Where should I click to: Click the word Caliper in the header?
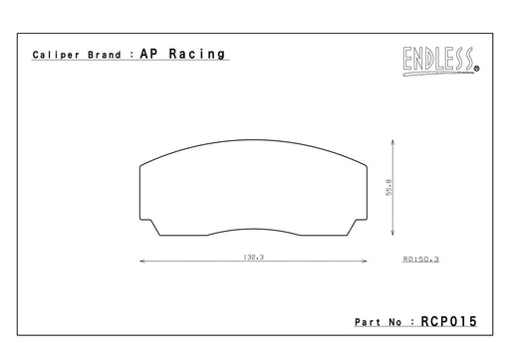coord(56,55)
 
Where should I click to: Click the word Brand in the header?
coord(105,55)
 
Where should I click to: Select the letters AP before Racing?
coord(148,54)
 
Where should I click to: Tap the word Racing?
coord(197,54)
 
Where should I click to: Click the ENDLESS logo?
coord(441,61)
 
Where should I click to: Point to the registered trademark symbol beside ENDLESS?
coord(477,69)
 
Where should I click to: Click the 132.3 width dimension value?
coord(254,257)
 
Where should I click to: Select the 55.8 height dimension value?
coord(388,187)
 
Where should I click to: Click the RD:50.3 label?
coord(421,259)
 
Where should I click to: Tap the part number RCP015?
coord(448,321)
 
